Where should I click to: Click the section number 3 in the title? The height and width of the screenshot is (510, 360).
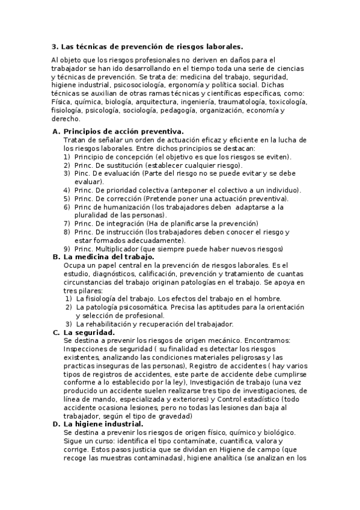pyautogui.click(x=54, y=46)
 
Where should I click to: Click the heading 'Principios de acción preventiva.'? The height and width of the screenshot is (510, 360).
pyautogui.click(x=123, y=132)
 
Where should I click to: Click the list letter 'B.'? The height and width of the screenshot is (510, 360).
pyautogui.click(x=56, y=257)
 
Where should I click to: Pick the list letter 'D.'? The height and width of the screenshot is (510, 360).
pyautogui.click(x=56, y=425)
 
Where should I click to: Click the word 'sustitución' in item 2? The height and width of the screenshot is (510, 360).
pyautogui.click(x=120, y=165)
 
